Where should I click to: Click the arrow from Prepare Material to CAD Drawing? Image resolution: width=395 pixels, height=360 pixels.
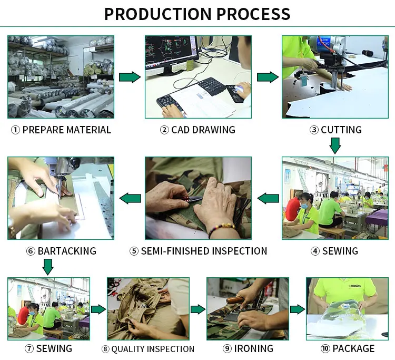[x=130, y=77]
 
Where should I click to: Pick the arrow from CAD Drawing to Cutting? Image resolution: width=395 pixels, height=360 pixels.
[x=267, y=77]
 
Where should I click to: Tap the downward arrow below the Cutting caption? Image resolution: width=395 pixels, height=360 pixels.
[x=335, y=145]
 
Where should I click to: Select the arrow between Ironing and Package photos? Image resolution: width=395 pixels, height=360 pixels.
[x=298, y=309]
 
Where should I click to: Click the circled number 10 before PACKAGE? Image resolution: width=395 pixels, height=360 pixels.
[x=325, y=348]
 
